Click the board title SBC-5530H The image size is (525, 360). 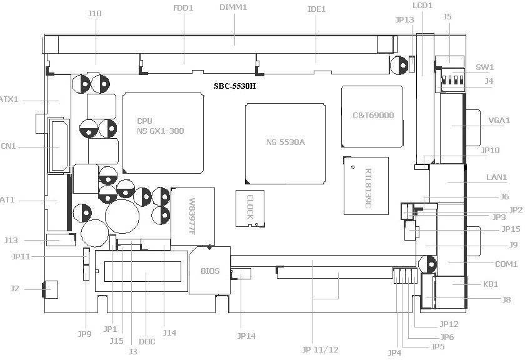click(234, 85)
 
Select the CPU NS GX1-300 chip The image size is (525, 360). click(163, 132)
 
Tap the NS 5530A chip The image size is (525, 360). click(286, 142)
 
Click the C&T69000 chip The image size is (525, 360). click(372, 116)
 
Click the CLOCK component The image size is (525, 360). click(250, 207)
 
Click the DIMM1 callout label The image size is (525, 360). click(234, 7)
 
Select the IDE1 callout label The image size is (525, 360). click(317, 9)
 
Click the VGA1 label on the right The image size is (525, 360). click(499, 121)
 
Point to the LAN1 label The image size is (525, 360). click(497, 177)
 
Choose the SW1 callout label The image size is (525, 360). click(484, 67)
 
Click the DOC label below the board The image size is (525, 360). click(147, 341)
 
